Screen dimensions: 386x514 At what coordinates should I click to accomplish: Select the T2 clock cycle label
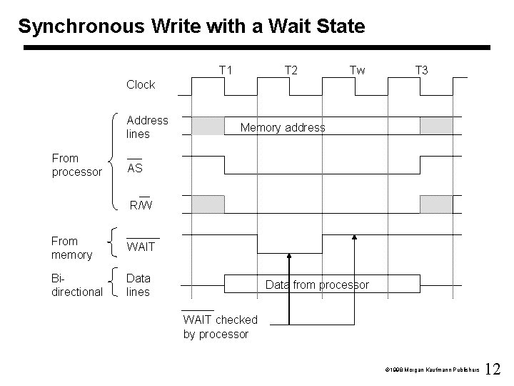(291, 70)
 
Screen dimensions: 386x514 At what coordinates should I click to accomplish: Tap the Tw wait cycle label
(357, 70)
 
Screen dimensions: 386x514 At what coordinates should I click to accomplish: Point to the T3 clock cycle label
(422, 70)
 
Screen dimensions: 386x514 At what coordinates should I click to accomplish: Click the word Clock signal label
(141, 84)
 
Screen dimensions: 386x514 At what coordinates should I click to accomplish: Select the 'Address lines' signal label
(147, 127)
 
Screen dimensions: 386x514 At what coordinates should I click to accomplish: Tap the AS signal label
(134, 168)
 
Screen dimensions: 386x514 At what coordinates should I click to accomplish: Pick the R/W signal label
(141, 206)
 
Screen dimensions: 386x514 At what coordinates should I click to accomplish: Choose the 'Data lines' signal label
(138, 284)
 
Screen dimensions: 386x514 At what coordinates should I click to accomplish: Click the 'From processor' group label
(78, 164)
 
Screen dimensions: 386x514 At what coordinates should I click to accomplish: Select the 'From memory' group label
(72, 247)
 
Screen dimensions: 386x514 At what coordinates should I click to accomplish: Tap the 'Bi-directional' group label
(76, 284)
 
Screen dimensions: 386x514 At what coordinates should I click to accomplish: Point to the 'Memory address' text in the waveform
(283, 127)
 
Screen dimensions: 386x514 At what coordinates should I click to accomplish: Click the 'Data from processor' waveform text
(317, 284)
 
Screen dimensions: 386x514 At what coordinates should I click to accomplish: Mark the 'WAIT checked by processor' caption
(220, 327)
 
